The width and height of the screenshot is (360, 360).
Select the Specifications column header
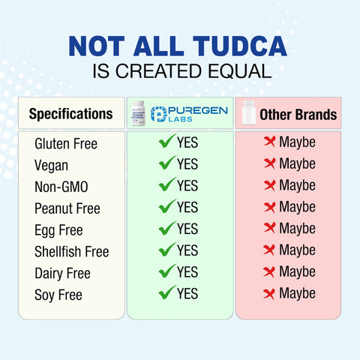(70, 114)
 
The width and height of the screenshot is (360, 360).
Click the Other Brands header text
(298, 115)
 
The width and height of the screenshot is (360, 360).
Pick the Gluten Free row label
(66, 143)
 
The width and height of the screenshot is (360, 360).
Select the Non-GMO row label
(61, 186)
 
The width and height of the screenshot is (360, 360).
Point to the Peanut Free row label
(67, 208)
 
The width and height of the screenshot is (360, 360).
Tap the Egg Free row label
(58, 229)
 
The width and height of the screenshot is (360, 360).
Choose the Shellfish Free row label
(71, 251)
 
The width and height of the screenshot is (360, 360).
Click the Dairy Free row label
(62, 273)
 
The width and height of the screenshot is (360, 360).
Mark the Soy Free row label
(58, 295)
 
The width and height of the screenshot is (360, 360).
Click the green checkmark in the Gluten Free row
(167, 141)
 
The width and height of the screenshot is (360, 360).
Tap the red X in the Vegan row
(269, 163)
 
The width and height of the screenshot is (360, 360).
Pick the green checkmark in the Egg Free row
(167, 228)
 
